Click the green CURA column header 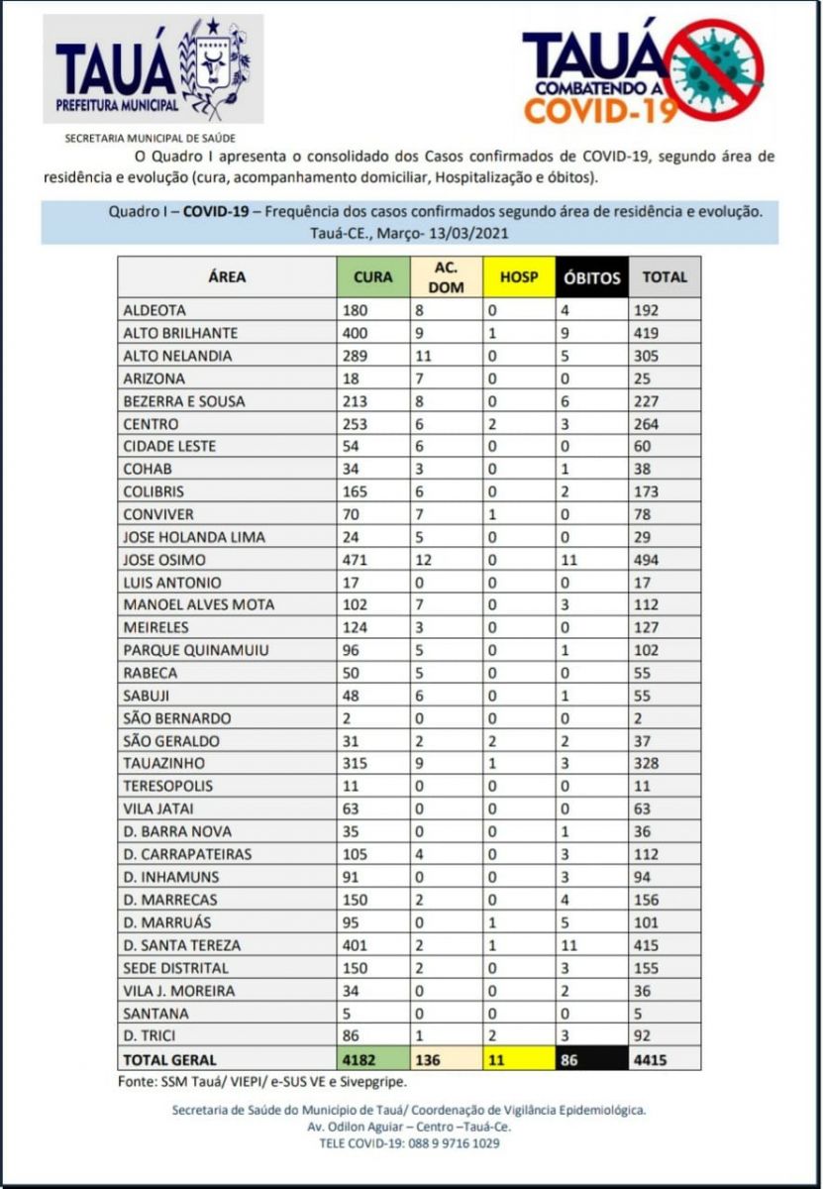[372, 277]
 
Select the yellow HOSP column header [519, 277]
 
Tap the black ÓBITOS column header [591, 277]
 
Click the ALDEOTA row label [154, 310]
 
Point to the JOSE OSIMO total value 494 [650, 560]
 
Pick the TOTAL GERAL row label [169, 1060]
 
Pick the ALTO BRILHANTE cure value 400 [355, 333]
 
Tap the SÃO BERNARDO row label [177, 718]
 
